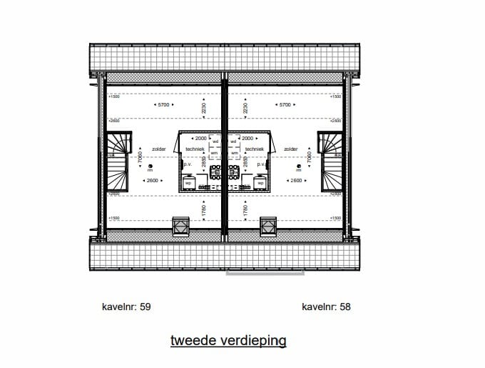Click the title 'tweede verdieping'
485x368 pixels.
click(228, 340)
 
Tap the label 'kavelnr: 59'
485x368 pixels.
click(127, 307)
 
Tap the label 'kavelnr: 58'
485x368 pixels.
click(326, 307)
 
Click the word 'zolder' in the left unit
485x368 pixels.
click(159, 149)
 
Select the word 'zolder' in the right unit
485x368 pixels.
click(291, 149)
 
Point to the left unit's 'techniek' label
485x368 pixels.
click(195, 149)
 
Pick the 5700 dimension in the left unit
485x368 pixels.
click(164, 105)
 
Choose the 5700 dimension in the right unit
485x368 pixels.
click(286, 105)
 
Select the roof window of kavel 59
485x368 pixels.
click(181, 226)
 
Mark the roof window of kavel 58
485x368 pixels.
click(269, 226)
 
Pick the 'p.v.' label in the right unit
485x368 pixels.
click(262, 165)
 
